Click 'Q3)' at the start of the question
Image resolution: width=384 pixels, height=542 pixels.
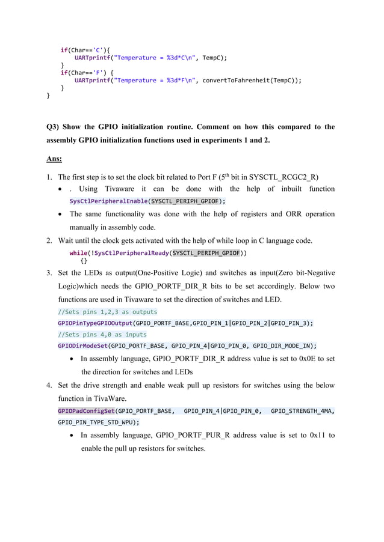point(55,127)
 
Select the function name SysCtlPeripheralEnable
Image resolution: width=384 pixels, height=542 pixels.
point(108,201)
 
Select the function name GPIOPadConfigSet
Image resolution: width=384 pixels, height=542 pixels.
point(86,410)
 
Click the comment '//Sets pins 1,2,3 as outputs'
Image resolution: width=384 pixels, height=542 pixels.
point(107,311)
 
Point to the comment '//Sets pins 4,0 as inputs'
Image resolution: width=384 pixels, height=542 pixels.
point(102,334)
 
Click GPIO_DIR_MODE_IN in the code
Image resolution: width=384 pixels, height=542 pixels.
point(283,346)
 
